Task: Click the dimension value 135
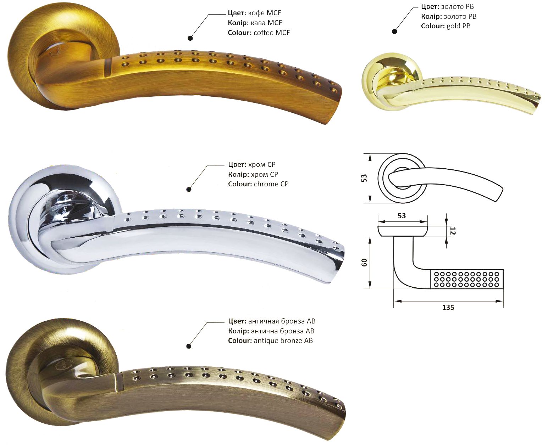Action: pos(448,308)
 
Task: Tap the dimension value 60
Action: pos(364,262)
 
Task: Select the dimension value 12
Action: pos(453,231)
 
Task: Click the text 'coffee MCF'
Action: pos(272,33)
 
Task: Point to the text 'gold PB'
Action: pos(459,26)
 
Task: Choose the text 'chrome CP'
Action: pos(271,184)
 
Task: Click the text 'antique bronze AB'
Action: pos(283,341)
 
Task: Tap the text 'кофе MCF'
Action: pos(265,13)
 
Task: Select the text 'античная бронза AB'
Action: pos(282,321)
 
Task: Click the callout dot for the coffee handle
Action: pos(190,38)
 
